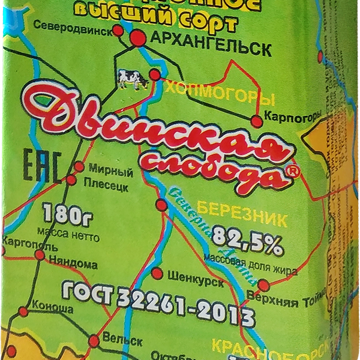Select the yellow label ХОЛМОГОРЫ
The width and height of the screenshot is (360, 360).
(x=220, y=97)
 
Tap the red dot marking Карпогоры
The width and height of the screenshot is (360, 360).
(x=257, y=122)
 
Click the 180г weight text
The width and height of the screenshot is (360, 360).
(x=64, y=214)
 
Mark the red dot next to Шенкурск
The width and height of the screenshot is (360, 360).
(x=157, y=274)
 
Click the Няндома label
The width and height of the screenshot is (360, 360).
(x=73, y=263)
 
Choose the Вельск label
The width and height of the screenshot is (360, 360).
(x=122, y=340)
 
